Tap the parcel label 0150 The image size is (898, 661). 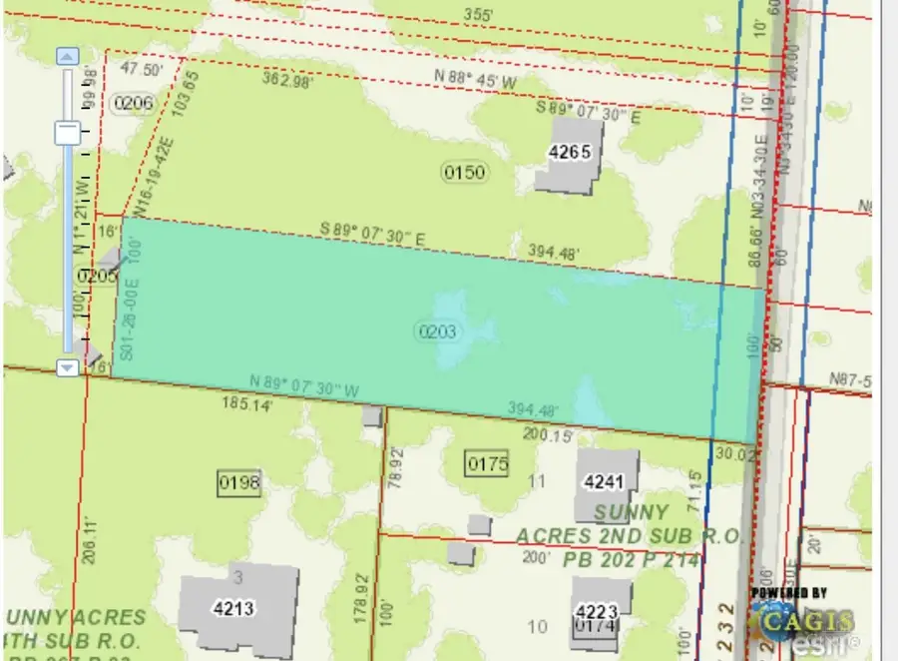[464, 173]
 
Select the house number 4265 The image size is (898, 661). [570, 153]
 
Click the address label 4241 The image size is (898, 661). [604, 482]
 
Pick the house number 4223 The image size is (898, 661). [601, 610]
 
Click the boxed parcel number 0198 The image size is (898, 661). [238, 483]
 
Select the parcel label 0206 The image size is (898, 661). [134, 102]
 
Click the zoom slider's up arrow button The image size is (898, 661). [68, 57]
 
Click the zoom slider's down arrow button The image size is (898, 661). [68, 367]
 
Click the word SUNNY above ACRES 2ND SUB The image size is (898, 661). [632, 513]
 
